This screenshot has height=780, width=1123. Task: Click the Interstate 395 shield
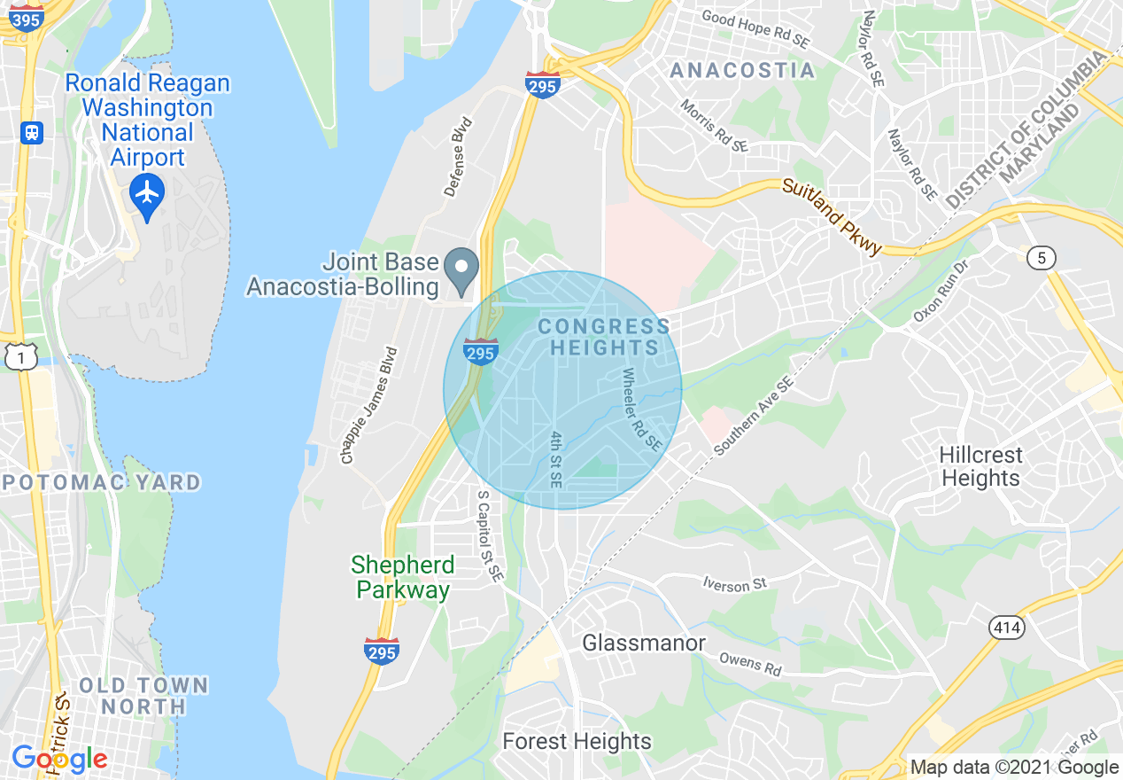pyautogui.click(x=27, y=18)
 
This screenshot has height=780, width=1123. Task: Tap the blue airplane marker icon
pyautogui.click(x=147, y=192)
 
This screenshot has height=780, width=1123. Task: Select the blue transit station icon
pyautogui.click(x=32, y=133)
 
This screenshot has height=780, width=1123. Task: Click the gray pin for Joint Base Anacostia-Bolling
pyautogui.click(x=461, y=269)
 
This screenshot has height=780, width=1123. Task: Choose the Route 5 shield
pyautogui.click(x=1042, y=258)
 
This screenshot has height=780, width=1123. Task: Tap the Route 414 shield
pyautogui.click(x=1007, y=628)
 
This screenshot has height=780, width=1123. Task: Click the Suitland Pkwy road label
pyautogui.click(x=832, y=216)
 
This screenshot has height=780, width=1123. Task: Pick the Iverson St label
pyautogui.click(x=734, y=584)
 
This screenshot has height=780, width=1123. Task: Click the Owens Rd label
pyautogui.click(x=750, y=663)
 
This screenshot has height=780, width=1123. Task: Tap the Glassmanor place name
pyautogui.click(x=644, y=643)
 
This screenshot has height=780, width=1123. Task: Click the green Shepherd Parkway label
pyautogui.click(x=403, y=577)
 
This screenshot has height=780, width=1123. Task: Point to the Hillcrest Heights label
pyautogui.click(x=980, y=466)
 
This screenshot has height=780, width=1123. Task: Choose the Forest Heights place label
pyautogui.click(x=577, y=741)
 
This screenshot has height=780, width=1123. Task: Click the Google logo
pyautogui.click(x=59, y=759)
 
